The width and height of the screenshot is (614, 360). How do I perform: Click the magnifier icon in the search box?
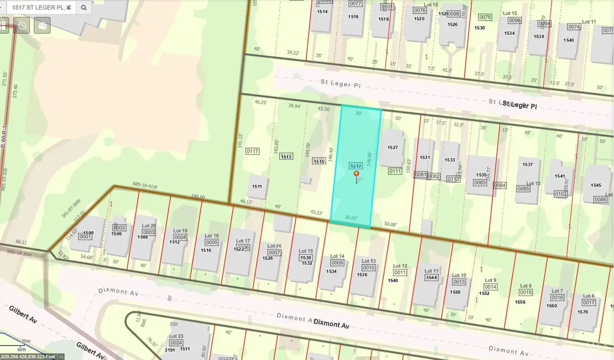point(84,8)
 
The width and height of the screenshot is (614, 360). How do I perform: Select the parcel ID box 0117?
point(252,151)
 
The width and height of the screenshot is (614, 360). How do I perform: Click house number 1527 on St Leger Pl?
point(392,147)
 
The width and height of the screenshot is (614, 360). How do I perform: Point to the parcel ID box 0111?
point(394,171)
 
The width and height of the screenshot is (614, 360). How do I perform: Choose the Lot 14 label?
point(337,256)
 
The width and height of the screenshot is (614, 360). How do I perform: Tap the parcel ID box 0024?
point(176,343)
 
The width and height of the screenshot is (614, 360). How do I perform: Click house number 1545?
point(596,185)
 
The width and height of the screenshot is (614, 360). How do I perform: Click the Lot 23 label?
point(176,336)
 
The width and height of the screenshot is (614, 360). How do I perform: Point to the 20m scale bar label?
point(26,341)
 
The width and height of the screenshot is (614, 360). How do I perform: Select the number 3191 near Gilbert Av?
point(170,349)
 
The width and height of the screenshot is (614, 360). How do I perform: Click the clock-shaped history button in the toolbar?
point(21,25)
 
